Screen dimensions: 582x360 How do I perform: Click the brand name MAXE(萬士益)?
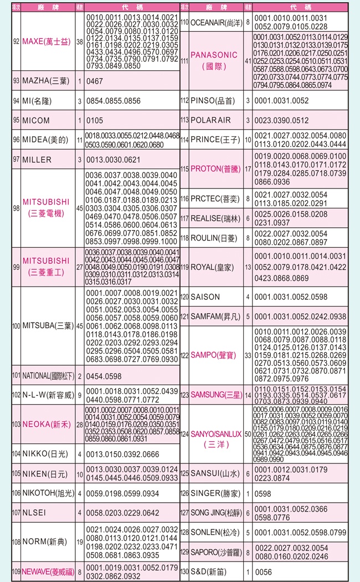coord(47,42)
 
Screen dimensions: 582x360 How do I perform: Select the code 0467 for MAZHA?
coord(95,81)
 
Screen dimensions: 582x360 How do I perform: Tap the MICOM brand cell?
coord(36,120)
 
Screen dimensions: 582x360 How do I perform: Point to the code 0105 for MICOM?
coord(95,120)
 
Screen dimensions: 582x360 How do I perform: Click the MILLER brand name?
coord(37,160)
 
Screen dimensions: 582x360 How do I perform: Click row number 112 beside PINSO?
coord(185,101)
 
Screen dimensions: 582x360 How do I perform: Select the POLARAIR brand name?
coord(210,120)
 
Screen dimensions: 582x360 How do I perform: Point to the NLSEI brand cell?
coord(37,512)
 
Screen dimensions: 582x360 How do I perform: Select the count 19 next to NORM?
coord(80,540)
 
